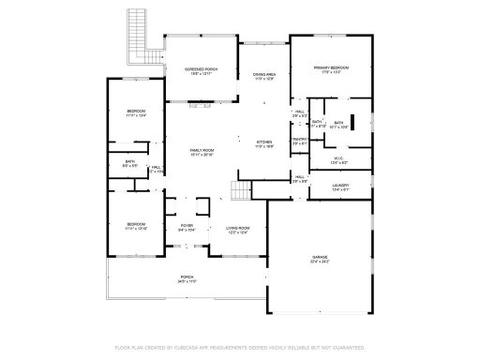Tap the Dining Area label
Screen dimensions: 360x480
click(x=263, y=75)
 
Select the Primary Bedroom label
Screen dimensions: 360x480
click(x=331, y=67)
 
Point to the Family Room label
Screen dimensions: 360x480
click(x=202, y=151)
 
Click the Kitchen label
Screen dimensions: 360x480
click(x=264, y=143)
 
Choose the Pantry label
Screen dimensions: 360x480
click(x=300, y=140)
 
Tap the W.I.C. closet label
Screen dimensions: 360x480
click(x=339, y=159)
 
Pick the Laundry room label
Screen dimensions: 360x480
click(x=339, y=186)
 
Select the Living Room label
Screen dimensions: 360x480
click(x=237, y=228)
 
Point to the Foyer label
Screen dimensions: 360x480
click(x=187, y=227)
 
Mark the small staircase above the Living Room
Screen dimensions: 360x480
click(x=242, y=191)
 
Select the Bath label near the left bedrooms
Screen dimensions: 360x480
click(x=130, y=162)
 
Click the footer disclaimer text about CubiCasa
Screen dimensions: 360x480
click(x=239, y=348)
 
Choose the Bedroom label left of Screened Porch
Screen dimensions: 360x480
click(x=137, y=113)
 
